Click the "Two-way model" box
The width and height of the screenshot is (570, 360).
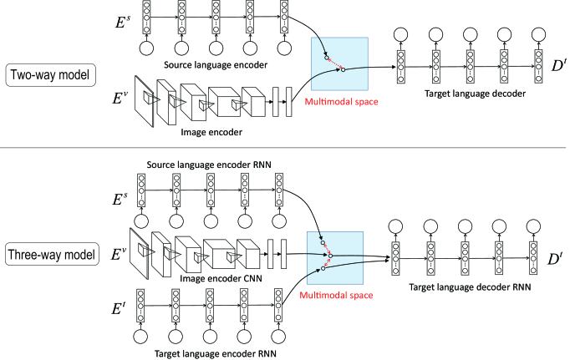[x=50, y=75]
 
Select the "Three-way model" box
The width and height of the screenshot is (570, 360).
[x=52, y=254]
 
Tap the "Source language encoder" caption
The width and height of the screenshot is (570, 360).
[x=216, y=65]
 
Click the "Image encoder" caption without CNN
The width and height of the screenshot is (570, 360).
[x=211, y=132]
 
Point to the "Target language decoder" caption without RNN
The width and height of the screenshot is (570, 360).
[x=475, y=94]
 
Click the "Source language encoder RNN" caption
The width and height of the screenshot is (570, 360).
[x=209, y=165]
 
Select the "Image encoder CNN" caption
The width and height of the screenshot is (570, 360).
[x=221, y=279]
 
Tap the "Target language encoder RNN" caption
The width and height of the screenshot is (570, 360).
[x=215, y=353]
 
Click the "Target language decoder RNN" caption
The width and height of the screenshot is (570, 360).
[x=470, y=287]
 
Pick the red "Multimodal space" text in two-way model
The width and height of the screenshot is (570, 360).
[x=341, y=102]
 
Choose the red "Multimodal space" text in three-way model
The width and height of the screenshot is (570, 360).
[x=336, y=295]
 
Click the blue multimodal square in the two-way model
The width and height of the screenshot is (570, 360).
[x=339, y=64]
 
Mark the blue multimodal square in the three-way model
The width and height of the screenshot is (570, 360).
[x=335, y=258]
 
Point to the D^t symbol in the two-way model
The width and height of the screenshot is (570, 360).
[x=559, y=66]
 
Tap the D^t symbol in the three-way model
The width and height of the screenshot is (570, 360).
[x=554, y=259]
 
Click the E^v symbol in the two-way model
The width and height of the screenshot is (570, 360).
[x=120, y=98]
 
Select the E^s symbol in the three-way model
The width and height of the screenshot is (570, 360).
[x=120, y=200]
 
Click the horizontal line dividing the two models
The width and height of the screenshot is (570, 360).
[x=282, y=148]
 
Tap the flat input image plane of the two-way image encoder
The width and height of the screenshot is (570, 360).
[x=144, y=101]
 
